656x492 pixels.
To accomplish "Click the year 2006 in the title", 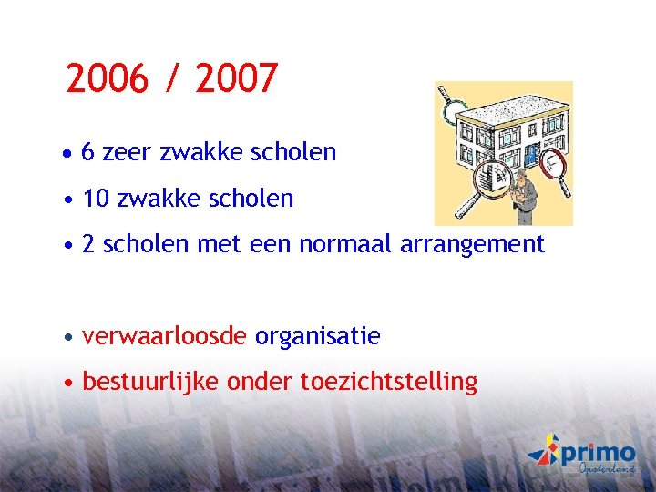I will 106,79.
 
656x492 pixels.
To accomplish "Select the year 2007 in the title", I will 235,79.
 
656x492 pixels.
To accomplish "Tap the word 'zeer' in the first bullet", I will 128,152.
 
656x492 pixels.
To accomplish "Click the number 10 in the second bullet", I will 96,199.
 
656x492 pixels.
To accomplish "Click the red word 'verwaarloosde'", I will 165,336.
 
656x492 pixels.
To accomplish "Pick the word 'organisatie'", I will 318,336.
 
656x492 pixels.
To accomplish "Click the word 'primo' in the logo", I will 598,452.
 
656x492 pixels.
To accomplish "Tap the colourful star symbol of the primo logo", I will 543,451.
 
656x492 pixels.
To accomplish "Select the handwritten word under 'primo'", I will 607,468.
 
